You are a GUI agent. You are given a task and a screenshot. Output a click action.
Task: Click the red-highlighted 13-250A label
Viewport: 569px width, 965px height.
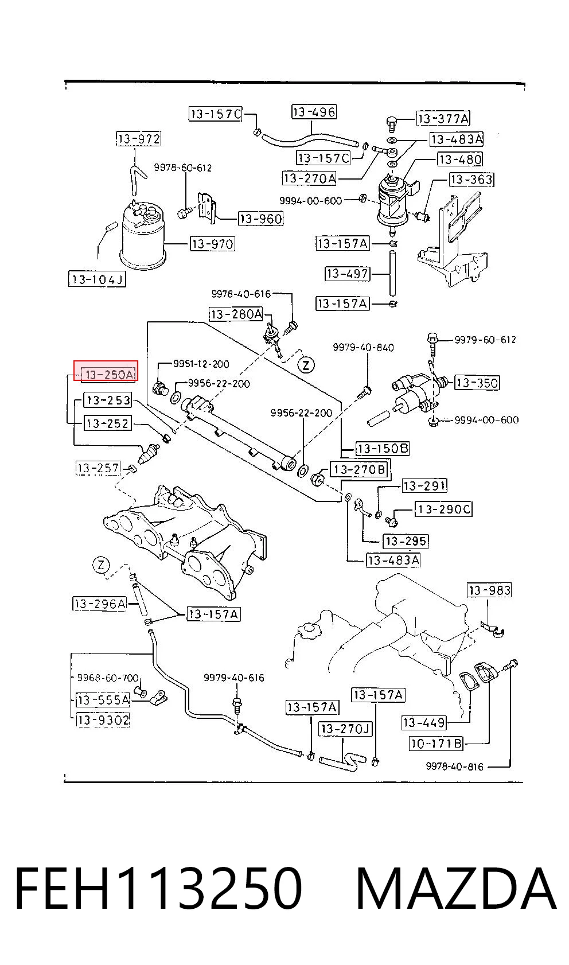[x=106, y=371]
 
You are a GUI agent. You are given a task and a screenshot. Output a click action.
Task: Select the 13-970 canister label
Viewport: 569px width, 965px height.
[x=213, y=244]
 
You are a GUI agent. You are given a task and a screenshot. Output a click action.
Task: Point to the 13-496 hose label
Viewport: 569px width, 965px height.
[x=314, y=112]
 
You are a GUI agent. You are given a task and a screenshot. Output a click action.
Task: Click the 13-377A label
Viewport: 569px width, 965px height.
[x=443, y=118]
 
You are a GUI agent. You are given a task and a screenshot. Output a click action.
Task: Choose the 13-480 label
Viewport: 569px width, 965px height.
[x=460, y=159]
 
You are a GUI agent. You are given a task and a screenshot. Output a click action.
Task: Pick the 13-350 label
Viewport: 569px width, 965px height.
[x=477, y=383]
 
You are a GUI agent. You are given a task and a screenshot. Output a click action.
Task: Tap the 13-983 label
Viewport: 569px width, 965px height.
[x=490, y=590]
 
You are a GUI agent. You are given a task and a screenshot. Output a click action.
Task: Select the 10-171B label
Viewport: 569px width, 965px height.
[x=437, y=743]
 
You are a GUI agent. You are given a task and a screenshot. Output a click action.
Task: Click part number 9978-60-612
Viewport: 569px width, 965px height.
[x=183, y=168]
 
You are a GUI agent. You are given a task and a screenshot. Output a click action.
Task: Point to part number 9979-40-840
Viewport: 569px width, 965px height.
[x=363, y=347]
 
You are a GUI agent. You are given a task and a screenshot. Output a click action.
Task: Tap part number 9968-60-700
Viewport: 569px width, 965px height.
[x=108, y=678]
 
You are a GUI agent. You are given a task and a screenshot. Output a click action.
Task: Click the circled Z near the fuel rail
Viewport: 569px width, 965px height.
[x=306, y=366]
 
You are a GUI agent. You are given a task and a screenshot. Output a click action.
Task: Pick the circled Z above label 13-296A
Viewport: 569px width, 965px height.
[x=102, y=565]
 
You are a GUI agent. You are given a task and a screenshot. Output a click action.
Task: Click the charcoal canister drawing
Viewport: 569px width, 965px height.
[x=143, y=235]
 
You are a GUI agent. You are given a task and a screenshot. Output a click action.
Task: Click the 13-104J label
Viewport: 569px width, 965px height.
[x=98, y=279]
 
